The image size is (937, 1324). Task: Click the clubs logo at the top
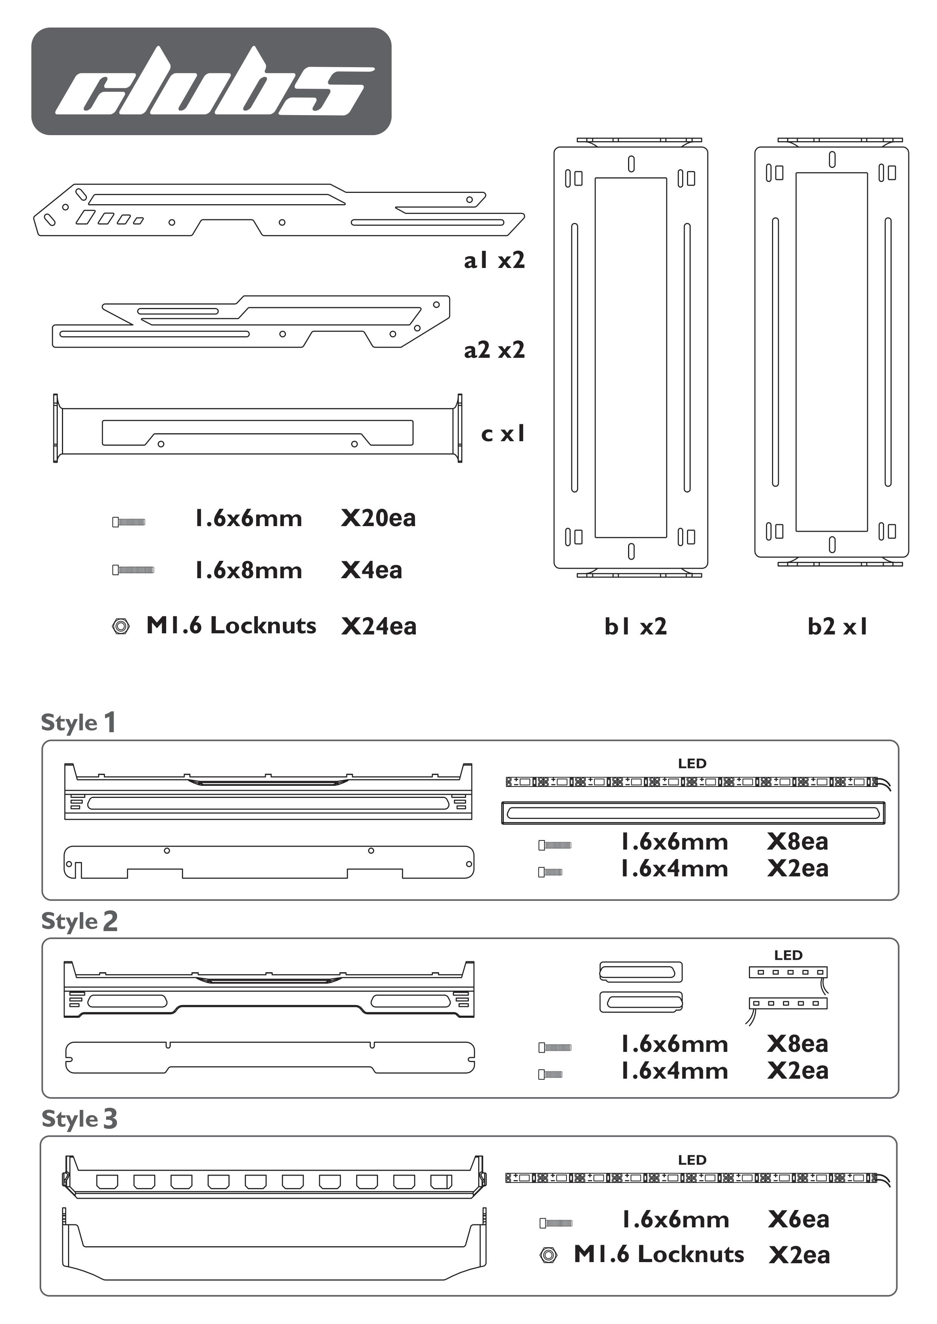point(211,81)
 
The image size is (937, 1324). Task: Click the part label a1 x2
point(494,261)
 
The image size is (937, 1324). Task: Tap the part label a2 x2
point(494,350)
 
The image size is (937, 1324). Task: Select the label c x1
point(503,434)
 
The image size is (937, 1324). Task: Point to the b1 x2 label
point(635,626)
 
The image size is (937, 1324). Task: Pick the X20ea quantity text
point(378,518)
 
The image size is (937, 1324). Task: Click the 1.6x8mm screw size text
point(248,570)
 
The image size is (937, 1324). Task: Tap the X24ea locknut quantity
point(378,626)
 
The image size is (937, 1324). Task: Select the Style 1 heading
point(79,722)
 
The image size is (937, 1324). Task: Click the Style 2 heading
point(79,921)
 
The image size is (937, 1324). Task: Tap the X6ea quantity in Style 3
point(798,1219)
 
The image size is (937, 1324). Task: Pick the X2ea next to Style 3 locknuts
point(799,1255)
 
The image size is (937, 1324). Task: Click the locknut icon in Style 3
point(548,1255)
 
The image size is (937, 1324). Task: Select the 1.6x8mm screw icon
point(133,570)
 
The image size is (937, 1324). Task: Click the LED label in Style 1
point(692,764)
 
